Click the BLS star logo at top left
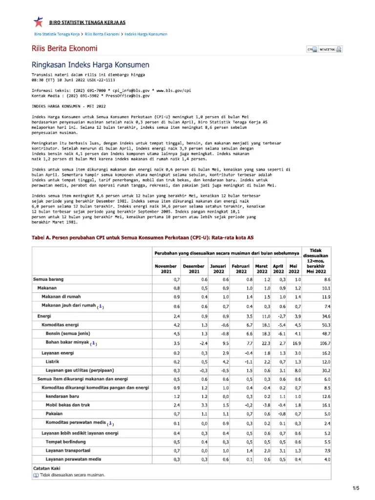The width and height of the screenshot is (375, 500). pos(38,22)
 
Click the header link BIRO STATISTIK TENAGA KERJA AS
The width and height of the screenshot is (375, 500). pos(86,22)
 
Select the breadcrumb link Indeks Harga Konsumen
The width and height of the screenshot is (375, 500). pos(146,35)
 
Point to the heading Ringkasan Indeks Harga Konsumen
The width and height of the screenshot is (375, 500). pos(90,64)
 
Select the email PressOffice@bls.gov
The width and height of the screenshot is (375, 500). pos(127,96)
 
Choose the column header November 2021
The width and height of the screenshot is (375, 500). pos(166,269)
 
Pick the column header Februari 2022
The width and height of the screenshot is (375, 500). pos(240,269)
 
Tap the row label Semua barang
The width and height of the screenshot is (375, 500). pos(48,279)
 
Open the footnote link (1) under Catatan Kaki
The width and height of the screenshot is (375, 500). pos(36,475)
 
